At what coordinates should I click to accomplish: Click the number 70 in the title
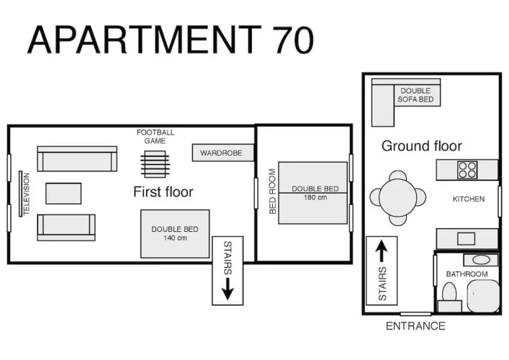pyautogui.click(x=293, y=40)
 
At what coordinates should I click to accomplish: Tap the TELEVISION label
pyautogui.click(x=27, y=194)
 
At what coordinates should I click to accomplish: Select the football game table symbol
pyautogui.click(x=155, y=164)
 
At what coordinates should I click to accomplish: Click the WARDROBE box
pyautogui.click(x=222, y=153)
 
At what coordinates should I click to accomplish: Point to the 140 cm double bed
pyautogui.click(x=175, y=234)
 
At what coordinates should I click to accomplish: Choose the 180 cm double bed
pyautogui.click(x=313, y=193)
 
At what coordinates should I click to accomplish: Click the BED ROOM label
pyautogui.click(x=273, y=192)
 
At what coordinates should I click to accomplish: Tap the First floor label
pyautogui.click(x=163, y=192)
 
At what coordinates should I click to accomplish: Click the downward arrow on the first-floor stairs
pyautogui.click(x=228, y=288)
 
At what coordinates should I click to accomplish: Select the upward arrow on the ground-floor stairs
pyautogui.click(x=382, y=251)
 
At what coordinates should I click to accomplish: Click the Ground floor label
pyautogui.click(x=422, y=145)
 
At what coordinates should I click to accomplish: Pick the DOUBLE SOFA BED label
pyautogui.click(x=415, y=95)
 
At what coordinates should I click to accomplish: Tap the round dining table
pyautogui.click(x=397, y=198)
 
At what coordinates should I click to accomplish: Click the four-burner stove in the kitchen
pyautogui.click(x=467, y=170)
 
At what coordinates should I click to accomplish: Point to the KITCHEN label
pyautogui.click(x=469, y=199)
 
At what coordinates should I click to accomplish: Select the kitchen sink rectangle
pyautogui.click(x=466, y=238)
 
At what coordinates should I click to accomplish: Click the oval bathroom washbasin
pyautogui.click(x=481, y=260)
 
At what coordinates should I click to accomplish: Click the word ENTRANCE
pyautogui.click(x=415, y=326)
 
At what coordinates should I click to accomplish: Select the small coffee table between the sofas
pyautogui.click(x=63, y=194)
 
